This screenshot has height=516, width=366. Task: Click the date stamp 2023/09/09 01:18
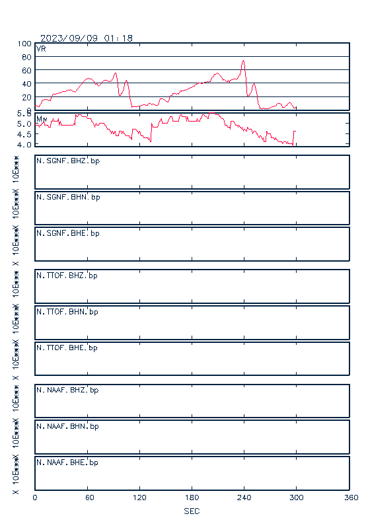[x=87, y=38]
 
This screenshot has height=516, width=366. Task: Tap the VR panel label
[x=41, y=49]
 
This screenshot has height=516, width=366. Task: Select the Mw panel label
[x=42, y=119]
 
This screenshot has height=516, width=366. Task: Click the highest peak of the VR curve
[x=243, y=61]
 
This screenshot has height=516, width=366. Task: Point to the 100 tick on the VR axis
[x=24, y=44]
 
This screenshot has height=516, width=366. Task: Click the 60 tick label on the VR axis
[x=26, y=71]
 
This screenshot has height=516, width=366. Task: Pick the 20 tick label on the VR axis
[x=26, y=97]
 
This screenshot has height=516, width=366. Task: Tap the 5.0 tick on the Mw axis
[x=24, y=124]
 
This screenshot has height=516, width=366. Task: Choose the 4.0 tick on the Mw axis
[x=24, y=145]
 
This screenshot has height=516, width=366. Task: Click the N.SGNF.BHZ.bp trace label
[x=68, y=161]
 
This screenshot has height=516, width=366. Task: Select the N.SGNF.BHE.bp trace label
[x=68, y=233]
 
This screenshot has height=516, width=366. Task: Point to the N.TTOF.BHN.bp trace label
[x=67, y=312]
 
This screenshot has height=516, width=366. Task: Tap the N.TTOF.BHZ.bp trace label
[x=67, y=276]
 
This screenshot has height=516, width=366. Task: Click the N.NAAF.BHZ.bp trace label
[x=67, y=390]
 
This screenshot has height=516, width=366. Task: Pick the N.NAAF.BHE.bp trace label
[x=67, y=462]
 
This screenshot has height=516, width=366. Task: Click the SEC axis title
[x=192, y=511]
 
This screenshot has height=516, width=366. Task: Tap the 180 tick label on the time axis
[x=192, y=498]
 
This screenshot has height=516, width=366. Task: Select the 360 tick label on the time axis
[x=351, y=498]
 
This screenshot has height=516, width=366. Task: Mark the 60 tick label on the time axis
[x=90, y=498]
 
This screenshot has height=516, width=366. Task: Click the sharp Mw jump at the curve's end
[x=293, y=137]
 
